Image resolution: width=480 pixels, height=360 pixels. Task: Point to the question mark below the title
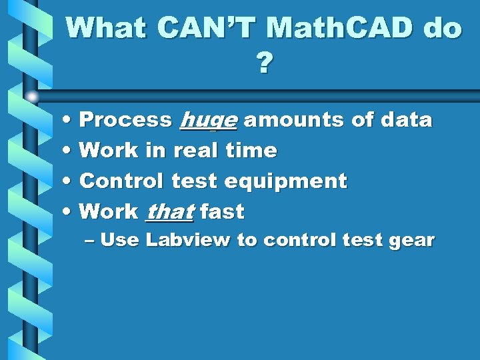pos(264,64)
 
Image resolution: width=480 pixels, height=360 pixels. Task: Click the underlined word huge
pos(208,121)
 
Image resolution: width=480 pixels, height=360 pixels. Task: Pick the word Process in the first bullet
pos(125,120)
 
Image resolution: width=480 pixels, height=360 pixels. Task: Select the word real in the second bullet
pos(196,151)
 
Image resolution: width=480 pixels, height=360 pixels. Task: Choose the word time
pos(251,151)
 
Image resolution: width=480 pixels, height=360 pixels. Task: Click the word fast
pos(222,212)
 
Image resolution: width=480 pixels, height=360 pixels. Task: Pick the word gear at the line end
pos(411,241)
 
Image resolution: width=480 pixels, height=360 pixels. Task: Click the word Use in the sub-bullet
pos(120,240)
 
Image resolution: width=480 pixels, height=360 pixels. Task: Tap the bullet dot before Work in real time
pos(70,151)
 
